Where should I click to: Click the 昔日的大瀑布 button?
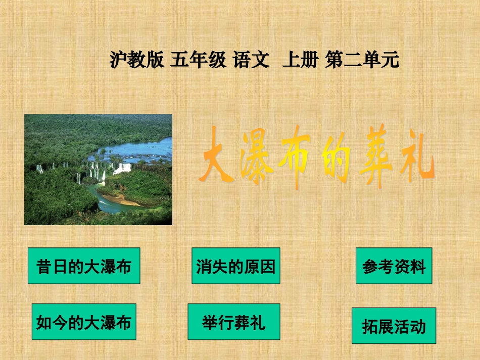pyautogui.click(x=84, y=266)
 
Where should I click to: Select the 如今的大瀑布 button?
pyautogui.click(x=84, y=322)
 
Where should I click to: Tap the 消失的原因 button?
pyautogui.click(x=235, y=266)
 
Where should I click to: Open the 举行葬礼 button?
pyautogui.click(x=233, y=322)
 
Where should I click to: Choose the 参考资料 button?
pyautogui.click(x=394, y=266)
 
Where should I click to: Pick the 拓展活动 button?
pyautogui.click(x=394, y=326)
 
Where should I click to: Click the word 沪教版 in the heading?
pyautogui.click(x=136, y=60)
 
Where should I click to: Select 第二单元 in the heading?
pyautogui.click(x=363, y=60)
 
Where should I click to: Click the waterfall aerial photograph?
pyautogui.click(x=98, y=169)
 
